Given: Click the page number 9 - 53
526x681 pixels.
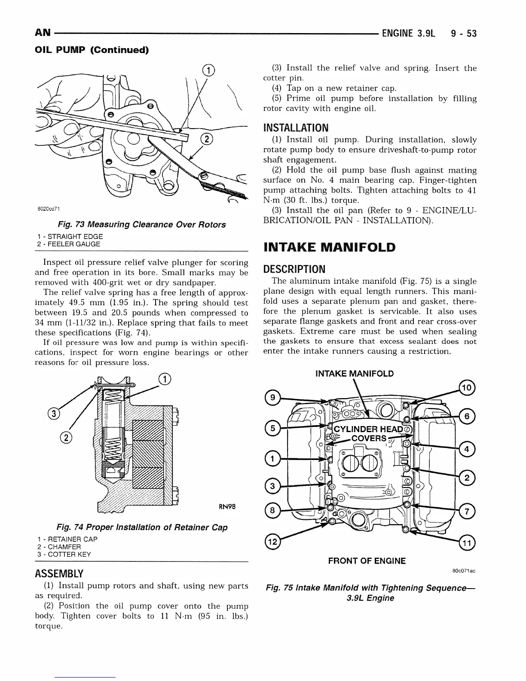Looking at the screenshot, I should click(464, 33).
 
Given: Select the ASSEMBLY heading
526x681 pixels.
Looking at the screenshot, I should click(59, 574).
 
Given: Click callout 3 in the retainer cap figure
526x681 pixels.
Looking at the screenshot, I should click(54, 414).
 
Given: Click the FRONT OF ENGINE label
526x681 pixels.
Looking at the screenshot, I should click(367, 561).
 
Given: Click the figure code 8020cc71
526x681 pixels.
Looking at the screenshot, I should click(48, 209).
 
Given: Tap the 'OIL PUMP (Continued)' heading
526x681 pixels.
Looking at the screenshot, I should click(92, 50).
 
